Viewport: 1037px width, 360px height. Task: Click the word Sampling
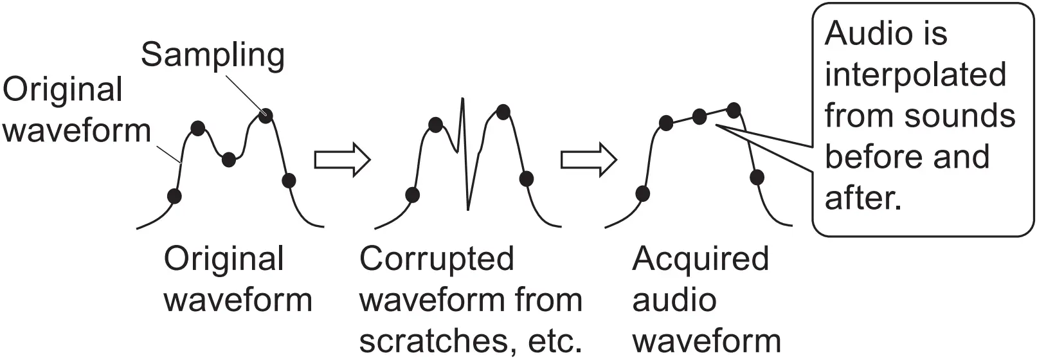tap(213, 55)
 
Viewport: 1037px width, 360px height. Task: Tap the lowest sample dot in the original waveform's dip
tap(229, 159)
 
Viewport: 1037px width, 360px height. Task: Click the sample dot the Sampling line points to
tap(266, 116)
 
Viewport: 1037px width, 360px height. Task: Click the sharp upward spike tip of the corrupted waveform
tap(462, 100)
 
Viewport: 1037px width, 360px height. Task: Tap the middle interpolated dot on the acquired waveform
tap(699, 116)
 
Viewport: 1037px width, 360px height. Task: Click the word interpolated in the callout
tap(915, 75)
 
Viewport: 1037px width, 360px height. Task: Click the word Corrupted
tap(437, 259)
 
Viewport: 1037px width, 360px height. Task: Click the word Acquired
tap(700, 259)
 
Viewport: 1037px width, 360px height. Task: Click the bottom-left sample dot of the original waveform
tap(174, 195)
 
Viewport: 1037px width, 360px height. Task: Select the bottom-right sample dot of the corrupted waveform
tap(526, 179)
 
